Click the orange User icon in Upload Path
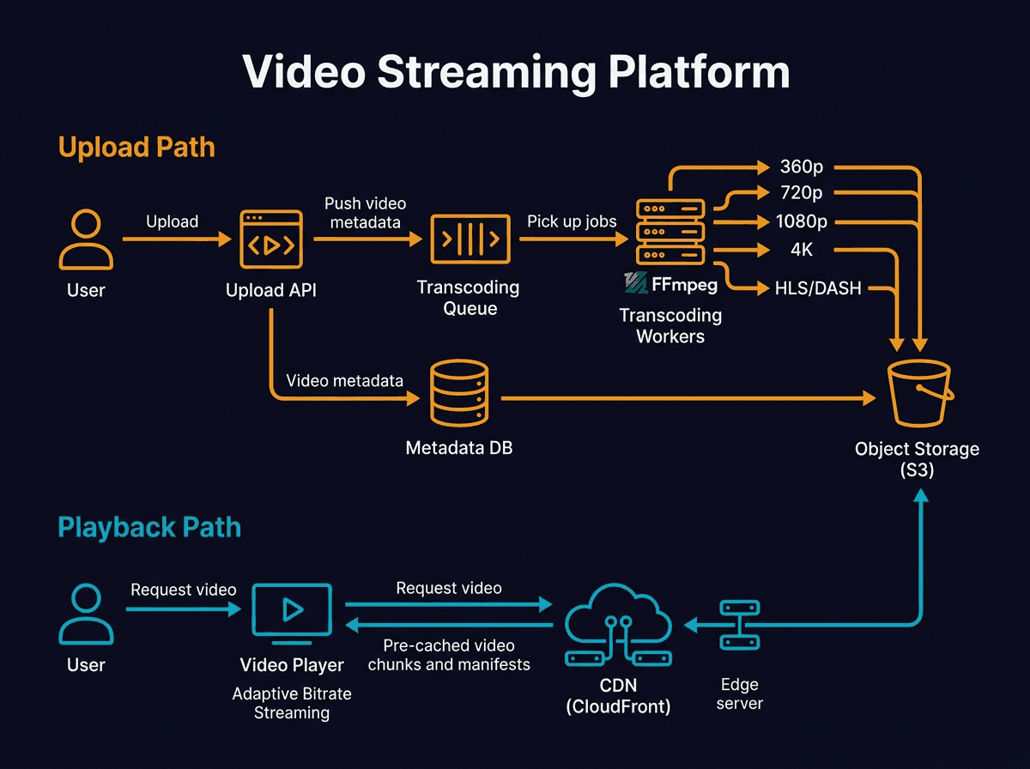tap(86, 241)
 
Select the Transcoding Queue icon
tap(470, 239)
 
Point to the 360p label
tap(803, 167)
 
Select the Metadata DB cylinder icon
tap(458, 395)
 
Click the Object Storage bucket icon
tap(918, 394)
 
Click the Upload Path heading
tap(136, 147)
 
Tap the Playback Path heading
tap(149, 526)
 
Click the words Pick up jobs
tap(572, 221)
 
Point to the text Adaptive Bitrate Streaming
tap(292, 703)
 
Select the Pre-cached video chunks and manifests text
tap(449, 655)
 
